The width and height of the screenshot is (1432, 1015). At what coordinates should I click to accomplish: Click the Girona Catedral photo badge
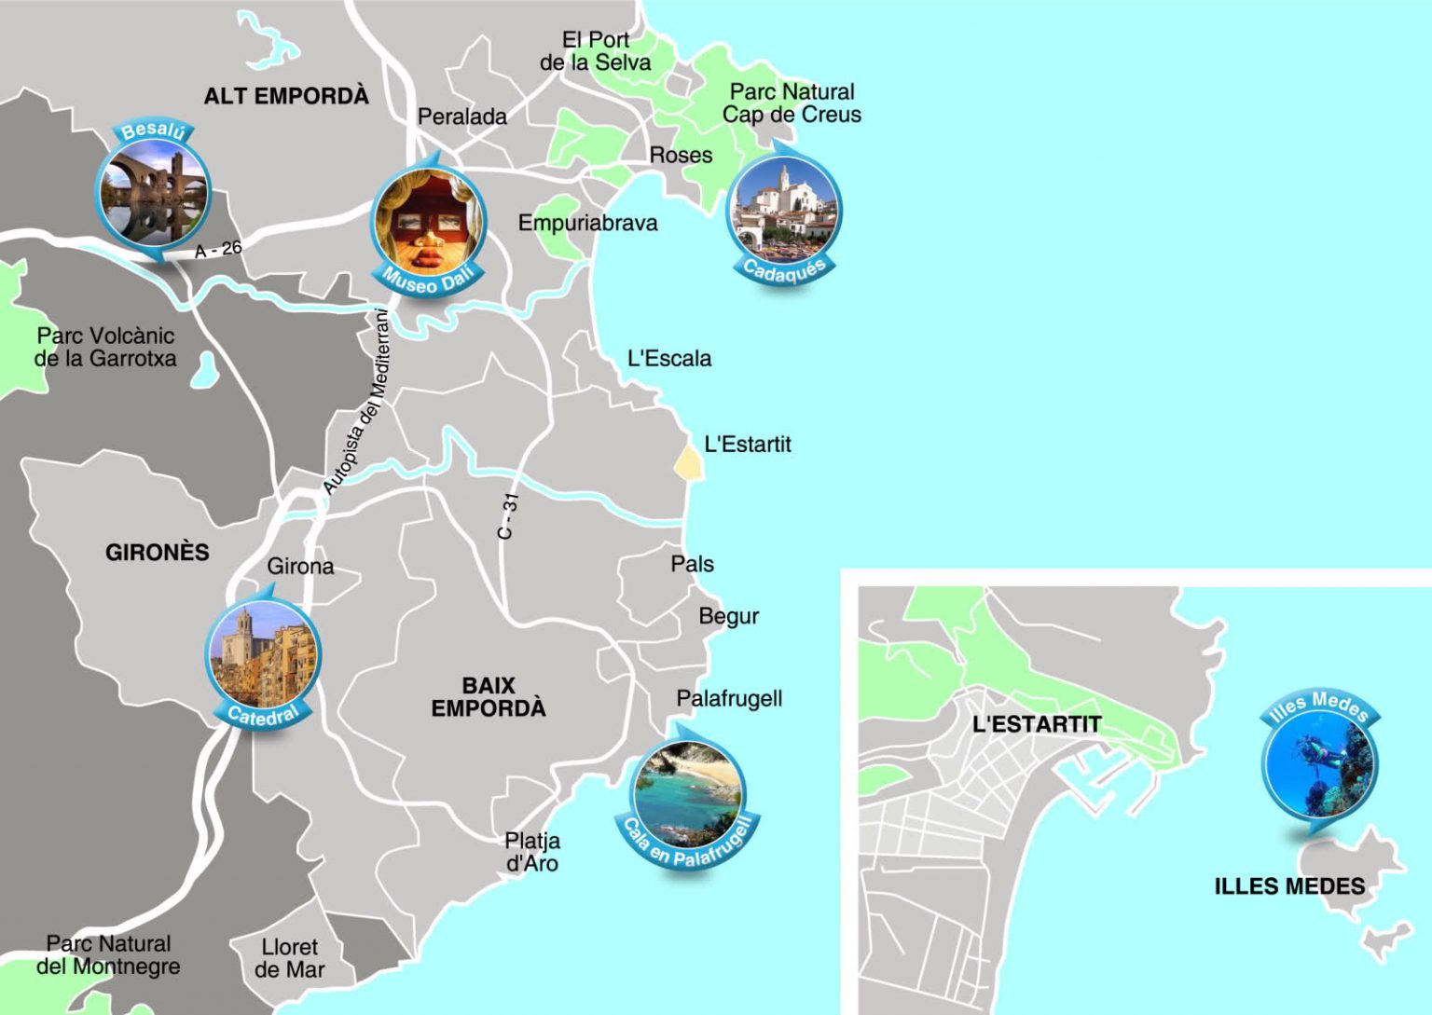click(263, 657)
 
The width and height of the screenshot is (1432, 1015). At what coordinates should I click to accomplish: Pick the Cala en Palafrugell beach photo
click(688, 794)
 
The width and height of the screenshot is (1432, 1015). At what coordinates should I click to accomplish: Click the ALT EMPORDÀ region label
click(286, 96)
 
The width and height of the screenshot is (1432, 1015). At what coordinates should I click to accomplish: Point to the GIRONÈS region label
click(157, 553)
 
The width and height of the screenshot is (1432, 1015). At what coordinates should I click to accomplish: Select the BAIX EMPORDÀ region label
click(488, 697)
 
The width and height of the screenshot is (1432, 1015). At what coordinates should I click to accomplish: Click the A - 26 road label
click(218, 250)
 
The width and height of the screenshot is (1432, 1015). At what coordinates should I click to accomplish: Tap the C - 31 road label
click(507, 515)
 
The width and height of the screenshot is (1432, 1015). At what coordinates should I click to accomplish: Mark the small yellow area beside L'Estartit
click(689, 463)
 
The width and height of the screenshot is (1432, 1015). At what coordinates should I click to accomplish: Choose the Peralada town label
click(462, 117)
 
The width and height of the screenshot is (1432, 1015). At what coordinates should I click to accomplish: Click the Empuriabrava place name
click(587, 223)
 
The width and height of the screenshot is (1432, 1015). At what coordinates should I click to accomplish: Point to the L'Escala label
click(668, 358)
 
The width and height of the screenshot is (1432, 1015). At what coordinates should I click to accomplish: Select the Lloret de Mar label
click(289, 958)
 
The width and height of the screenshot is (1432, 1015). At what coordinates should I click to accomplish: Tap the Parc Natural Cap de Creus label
click(792, 103)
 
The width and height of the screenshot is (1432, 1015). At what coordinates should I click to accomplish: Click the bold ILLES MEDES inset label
click(1288, 886)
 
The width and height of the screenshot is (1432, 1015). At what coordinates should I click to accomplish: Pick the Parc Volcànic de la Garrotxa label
click(104, 347)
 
